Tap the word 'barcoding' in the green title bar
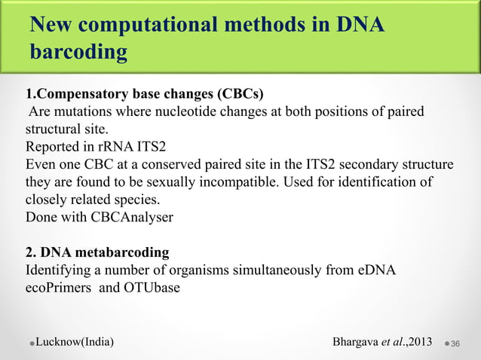[77, 53]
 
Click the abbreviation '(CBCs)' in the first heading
[240, 95]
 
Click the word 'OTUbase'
[151, 286]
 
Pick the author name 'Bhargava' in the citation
[357, 343]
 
